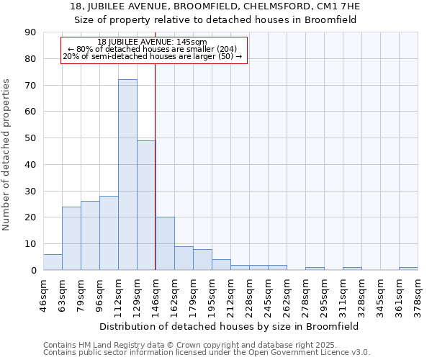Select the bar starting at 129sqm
pos(146,205)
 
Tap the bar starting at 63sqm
pos(71,238)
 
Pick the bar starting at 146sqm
pos(165,243)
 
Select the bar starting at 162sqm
pos(184,258)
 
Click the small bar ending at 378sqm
pos(408,269)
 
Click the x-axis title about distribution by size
pos(230,326)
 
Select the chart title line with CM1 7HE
pos(215,6)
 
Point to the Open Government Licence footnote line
pos(207,352)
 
